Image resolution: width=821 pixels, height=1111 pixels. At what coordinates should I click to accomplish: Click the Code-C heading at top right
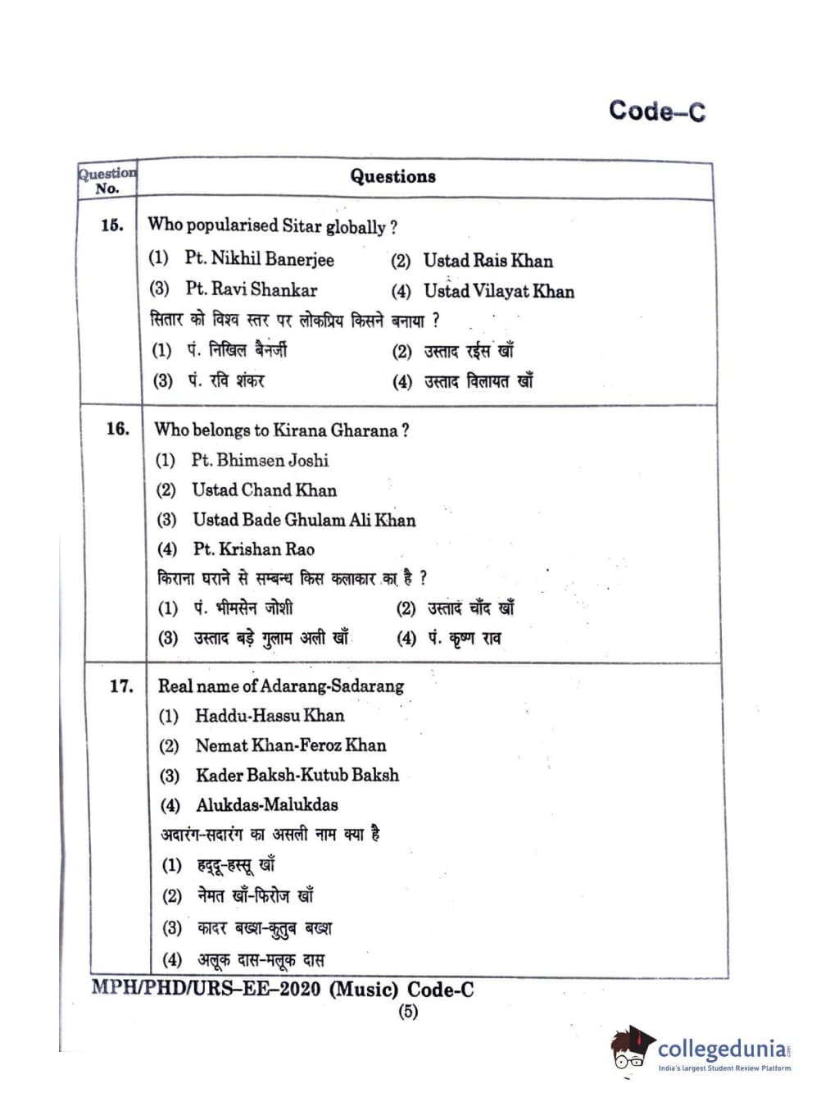pos(656,111)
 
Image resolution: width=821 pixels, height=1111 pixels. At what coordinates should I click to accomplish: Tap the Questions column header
pos(392,176)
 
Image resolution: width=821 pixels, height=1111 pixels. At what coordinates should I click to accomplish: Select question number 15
pos(112,225)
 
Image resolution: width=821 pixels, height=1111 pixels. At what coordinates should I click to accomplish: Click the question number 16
pos(118,428)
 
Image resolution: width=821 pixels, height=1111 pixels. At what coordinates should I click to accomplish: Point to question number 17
pos(121,685)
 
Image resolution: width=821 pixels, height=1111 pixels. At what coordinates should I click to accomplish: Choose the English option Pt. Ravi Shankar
pos(251,289)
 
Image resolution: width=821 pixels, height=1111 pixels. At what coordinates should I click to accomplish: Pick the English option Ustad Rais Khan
pos(488,261)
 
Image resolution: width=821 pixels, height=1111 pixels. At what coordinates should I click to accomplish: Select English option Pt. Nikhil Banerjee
pos(259,259)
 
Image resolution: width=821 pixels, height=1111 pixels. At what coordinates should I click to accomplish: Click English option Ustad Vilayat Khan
pos(498,291)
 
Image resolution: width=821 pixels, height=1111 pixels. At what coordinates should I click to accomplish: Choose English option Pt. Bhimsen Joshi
pos(260,460)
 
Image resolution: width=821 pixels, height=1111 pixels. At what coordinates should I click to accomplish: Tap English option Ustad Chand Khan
pos(264,490)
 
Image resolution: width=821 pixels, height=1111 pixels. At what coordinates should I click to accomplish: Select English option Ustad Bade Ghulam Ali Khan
pos(303,520)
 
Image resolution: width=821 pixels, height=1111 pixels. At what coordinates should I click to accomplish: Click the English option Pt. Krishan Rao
pos(253,549)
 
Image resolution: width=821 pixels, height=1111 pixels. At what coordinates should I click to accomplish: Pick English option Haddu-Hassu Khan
pos(269,716)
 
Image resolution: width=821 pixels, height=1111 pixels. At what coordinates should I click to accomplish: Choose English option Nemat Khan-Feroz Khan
pos(290,745)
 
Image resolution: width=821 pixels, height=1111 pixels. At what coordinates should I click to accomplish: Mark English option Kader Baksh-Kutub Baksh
pos(297,775)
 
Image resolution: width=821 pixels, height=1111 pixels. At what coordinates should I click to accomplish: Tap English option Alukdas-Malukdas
pos(266,805)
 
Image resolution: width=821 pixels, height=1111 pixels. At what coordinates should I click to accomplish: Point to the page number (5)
pos(407,1011)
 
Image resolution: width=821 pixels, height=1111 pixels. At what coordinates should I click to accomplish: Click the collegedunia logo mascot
pos(630,1047)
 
